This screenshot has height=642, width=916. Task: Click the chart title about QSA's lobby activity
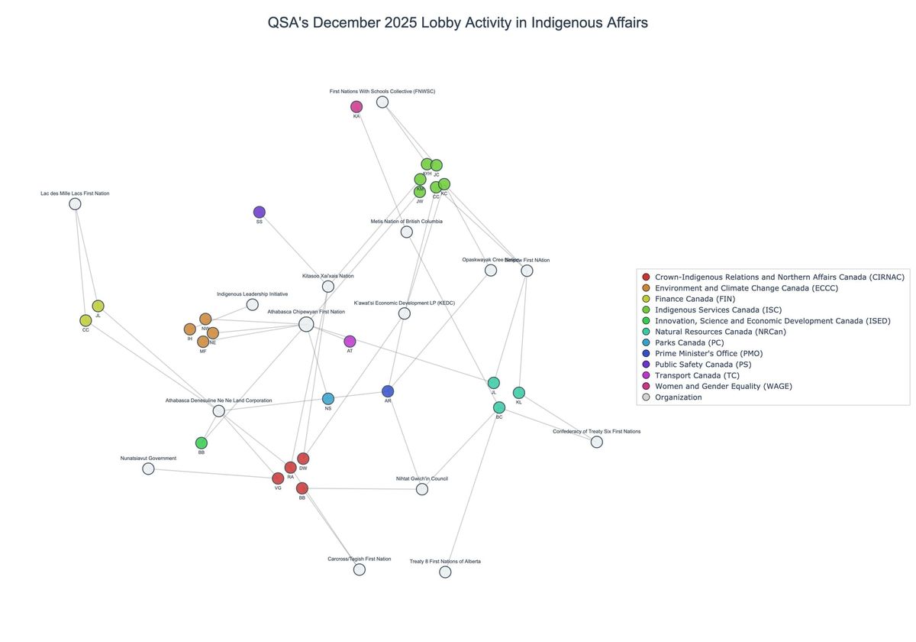pyautogui.click(x=457, y=23)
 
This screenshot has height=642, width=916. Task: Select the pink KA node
pyautogui.click(x=356, y=107)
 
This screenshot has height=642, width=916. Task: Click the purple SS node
pyautogui.click(x=260, y=212)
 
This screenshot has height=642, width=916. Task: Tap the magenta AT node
pyautogui.click(x=350, y=342)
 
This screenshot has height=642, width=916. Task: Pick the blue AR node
pyautogui.click(x=388, y=391)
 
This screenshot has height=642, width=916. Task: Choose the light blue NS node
pyautogui.click(x=328, y=399)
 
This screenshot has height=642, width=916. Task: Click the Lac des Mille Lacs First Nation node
pyautogui.click(x=75, y=204)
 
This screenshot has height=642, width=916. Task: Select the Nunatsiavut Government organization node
pyautogui.click(x=148, y=469)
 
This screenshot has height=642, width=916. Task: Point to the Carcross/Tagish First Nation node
pyautogui.click(x=360, y=569)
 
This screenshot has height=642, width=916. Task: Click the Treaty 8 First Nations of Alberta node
pyautogui.click(x=445, y=572)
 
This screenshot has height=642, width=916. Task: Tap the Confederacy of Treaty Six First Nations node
pyautogui.click(x=597, y=442)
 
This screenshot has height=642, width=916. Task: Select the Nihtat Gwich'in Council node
pyautogui.click(x=422, y=489)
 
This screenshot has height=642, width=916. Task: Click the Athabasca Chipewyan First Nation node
pyautogui.click(x=306, y=325)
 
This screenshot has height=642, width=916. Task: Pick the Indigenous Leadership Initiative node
pyautogui.click(x=253, y=305)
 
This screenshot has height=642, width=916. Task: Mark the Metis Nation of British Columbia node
pyautogui.click(x=407, y=232)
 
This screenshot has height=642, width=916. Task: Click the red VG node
pyautogui.click(x=278, y=478)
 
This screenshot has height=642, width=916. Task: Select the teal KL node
pyautogui.click(x=519, y=393)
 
